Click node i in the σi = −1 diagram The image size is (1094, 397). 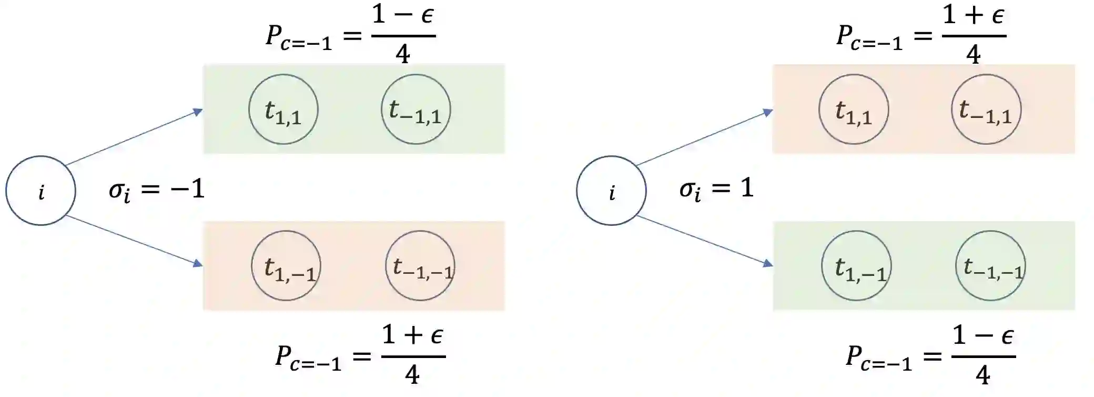tap(40, 191)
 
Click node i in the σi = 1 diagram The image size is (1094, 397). tap(611, 191)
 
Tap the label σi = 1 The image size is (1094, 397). tap(716, 188)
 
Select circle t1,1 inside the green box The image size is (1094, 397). tap(283, 110)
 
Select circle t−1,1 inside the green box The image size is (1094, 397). tap(416, 110)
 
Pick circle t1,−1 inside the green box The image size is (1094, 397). tap(856, 266)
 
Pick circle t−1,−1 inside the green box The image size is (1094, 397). tap(990, 266)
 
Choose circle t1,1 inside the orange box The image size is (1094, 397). tap(854, 110)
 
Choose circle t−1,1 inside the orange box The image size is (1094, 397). tap(986, 110)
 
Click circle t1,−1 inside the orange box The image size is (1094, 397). tap(286, 266)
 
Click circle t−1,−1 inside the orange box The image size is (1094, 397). tap(420, 266)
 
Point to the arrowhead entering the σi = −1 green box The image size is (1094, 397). tap(198, 112)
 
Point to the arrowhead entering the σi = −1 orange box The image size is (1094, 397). tap(198, 263)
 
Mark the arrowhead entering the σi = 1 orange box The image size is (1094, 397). tap(768, 112)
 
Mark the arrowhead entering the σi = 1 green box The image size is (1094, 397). tap(768, 263)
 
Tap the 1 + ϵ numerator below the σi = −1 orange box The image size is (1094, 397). tap(413, 335)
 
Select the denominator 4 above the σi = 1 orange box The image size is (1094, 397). tap(974, 54)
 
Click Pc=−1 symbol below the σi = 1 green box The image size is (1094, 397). tap(878, 358)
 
